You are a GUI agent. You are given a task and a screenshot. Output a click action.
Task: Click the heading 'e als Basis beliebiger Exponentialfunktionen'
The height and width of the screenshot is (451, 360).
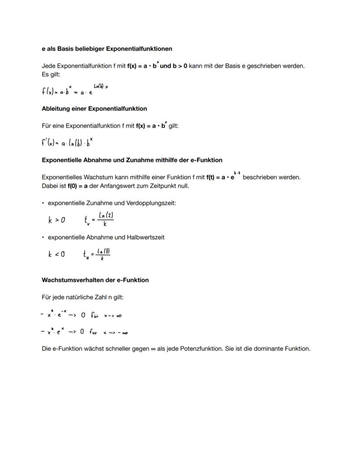tap(107, 49)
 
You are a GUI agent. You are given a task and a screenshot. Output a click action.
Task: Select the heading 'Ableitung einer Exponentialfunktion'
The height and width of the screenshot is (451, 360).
tap(94, 108)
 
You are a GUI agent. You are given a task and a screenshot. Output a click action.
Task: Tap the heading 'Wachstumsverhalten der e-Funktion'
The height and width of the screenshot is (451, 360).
tap(95, 280)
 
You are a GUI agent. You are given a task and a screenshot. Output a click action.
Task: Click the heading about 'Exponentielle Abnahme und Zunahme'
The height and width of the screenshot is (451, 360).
tap(132, 160)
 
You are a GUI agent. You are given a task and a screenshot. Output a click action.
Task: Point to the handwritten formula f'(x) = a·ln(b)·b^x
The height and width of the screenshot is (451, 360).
tap(67, 142)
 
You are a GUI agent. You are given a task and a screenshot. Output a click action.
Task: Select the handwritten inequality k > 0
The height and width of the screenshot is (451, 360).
tap(57, 220)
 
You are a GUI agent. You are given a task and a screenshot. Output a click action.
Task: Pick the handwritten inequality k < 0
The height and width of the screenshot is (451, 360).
tap(57, 254)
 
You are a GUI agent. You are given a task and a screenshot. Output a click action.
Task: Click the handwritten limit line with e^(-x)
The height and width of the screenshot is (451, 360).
tap(83, 315)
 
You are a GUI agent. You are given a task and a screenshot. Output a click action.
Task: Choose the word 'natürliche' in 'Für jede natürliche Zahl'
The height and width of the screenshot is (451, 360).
tap(82, 297)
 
